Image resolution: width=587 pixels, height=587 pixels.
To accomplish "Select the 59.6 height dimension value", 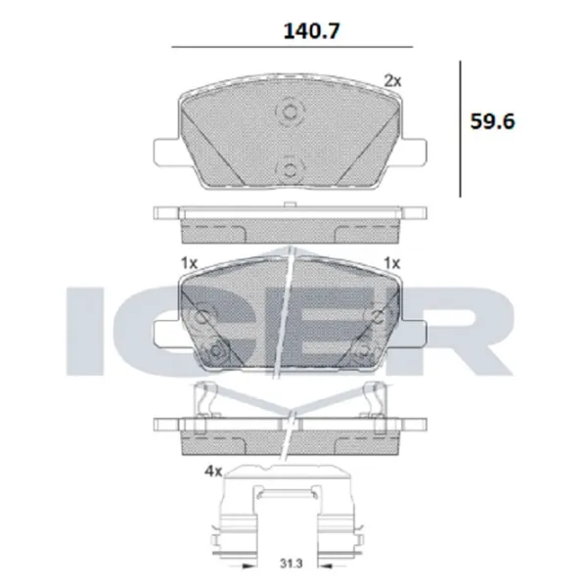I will [492, 122].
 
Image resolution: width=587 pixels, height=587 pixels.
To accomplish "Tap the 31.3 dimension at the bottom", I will [291, 564].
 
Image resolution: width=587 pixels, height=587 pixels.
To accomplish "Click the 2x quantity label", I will [392, 81].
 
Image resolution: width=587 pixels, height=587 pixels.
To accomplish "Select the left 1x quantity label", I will [189, 262].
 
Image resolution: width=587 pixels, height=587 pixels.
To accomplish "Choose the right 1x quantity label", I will [393, 262].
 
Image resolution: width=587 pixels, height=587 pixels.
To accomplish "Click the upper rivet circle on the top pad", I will [290, 113].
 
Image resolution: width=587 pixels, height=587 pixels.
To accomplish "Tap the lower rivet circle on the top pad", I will [290, 170].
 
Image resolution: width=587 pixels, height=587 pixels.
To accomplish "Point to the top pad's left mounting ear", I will [166, 152].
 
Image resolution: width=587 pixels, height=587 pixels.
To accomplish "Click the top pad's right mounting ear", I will [414, 152].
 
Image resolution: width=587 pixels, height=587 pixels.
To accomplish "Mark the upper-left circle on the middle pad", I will [203, 316].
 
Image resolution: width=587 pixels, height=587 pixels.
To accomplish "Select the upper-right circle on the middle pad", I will [379, 315].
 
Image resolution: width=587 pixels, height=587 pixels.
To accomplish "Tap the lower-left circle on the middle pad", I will [217, 350].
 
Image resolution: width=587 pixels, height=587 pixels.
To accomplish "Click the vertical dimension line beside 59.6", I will [460, 127].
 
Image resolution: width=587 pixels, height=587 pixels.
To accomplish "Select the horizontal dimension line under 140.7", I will [292, 47].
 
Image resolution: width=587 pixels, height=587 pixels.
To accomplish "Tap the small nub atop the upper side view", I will [290, 204].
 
